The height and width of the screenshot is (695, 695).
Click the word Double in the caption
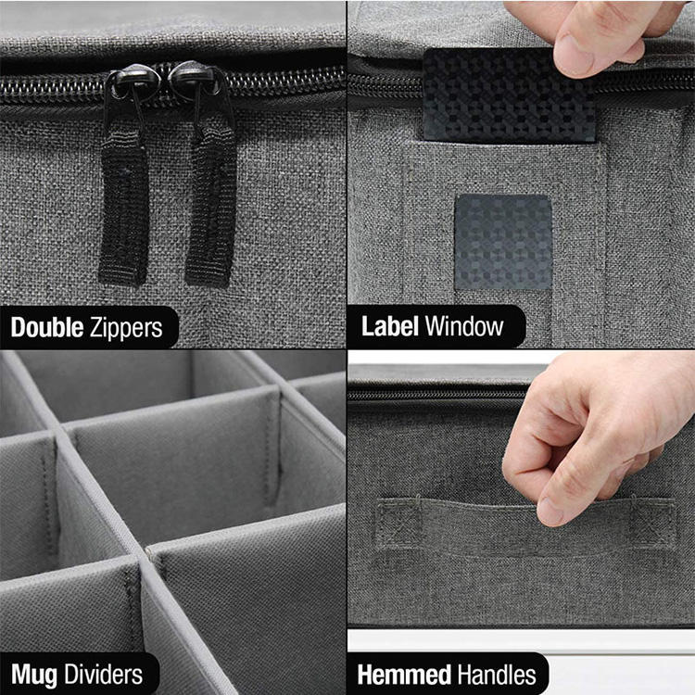coord(47,327)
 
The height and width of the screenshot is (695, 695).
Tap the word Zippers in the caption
coord(126,328)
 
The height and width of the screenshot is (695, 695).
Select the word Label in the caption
coord(390,326)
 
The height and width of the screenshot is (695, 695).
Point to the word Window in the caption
coord(464,326)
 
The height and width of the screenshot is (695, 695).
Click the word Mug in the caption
coord(34,675)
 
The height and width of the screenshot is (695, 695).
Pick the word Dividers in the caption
coord(103,674)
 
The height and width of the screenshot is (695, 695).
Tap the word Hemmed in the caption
coord(404,675)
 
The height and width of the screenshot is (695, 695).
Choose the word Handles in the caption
coord(497,675)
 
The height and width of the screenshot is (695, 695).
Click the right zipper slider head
coord(195,79)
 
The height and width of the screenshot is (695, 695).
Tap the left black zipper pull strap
coord(123,208)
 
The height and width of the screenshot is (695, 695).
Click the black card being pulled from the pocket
coord(508,95)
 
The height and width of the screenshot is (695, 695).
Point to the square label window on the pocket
coord(503,243)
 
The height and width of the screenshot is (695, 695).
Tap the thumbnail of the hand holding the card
coord(572,57)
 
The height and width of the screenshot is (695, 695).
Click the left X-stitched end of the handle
coord(398,522)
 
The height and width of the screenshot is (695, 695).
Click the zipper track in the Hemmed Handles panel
coord(436,395)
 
